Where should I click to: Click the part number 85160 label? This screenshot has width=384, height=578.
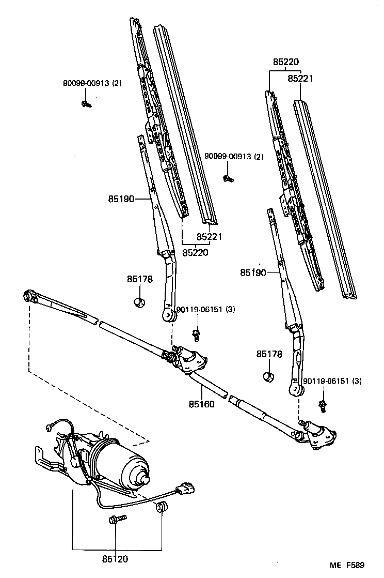point(201,404)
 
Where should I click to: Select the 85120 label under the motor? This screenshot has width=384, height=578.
point(115,559)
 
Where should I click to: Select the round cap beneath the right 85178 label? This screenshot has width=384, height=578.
point(268,375)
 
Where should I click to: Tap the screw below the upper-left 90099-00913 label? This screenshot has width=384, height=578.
point(86,103)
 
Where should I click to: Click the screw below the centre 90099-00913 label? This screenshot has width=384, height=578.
point(227,178)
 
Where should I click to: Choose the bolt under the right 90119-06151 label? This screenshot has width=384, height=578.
point(323,406)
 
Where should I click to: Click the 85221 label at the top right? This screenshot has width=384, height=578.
point(300,79)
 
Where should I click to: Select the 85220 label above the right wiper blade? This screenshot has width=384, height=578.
point(286,62)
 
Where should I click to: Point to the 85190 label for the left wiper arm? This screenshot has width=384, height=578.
point(121,198)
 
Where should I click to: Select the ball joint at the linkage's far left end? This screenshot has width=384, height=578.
point(29,296)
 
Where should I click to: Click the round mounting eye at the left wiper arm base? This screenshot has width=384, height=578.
point(167,315)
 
